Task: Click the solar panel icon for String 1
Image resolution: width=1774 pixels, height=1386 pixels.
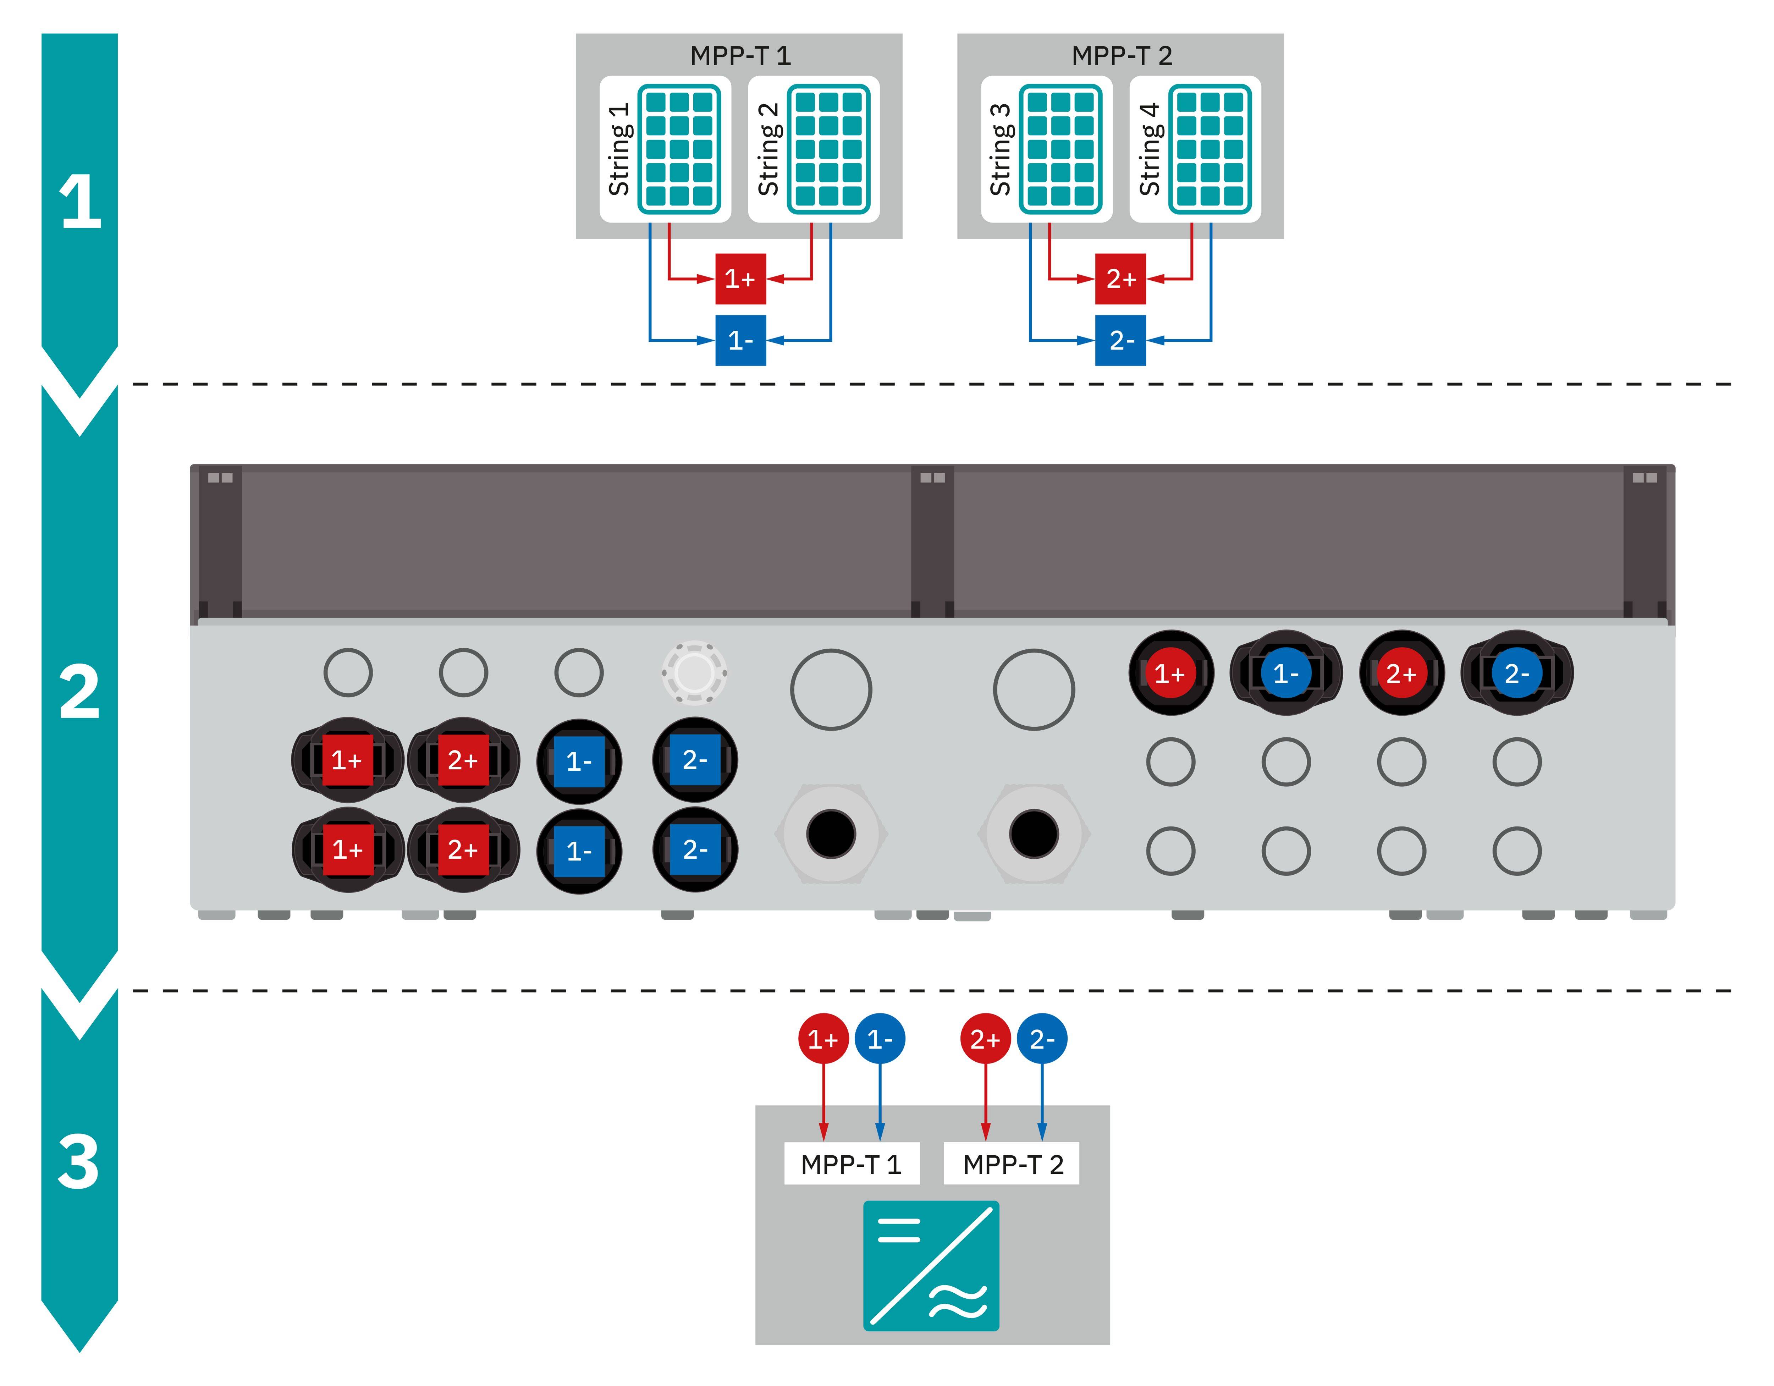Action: tap(679, 149)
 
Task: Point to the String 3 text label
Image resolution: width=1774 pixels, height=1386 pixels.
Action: tap(1000, 149)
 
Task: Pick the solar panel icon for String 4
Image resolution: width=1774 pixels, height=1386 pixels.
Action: tap(1210, 149)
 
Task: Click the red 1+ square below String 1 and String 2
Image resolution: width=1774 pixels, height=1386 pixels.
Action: tap(740, 279)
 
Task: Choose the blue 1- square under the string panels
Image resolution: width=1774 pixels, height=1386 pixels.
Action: tap(740, 340)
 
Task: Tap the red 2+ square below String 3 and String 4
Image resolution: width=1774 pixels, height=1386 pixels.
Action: tap(1120, 279)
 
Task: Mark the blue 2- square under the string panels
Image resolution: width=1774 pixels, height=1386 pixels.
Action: tap(1120, 340)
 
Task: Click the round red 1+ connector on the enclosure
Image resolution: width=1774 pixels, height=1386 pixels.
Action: tap(1170, 673)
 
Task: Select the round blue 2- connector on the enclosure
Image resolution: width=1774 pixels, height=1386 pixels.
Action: tap(1516, 673)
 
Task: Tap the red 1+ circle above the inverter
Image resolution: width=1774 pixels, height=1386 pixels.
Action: tap(823, 1039)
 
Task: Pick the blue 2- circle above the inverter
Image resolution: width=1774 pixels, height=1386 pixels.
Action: tap(1042, 1039)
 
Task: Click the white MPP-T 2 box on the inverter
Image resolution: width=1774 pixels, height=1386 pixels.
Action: tap(1012, 1164)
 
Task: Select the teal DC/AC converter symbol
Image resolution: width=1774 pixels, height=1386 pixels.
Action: tap(931, 1266)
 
